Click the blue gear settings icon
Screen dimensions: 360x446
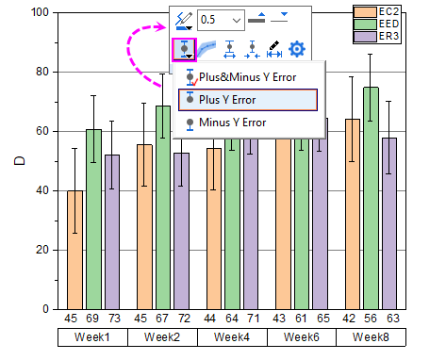(x=297, y=49)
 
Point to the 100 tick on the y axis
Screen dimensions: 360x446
(x=39, y=12)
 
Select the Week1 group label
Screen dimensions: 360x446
(x=91, y=336)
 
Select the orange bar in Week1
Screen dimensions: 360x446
(x=74, y=250)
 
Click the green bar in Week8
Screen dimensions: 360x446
(x=372, y=198)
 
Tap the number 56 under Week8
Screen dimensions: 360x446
(x=372, y=319)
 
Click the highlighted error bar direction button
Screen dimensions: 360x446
(x=185, y=50)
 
